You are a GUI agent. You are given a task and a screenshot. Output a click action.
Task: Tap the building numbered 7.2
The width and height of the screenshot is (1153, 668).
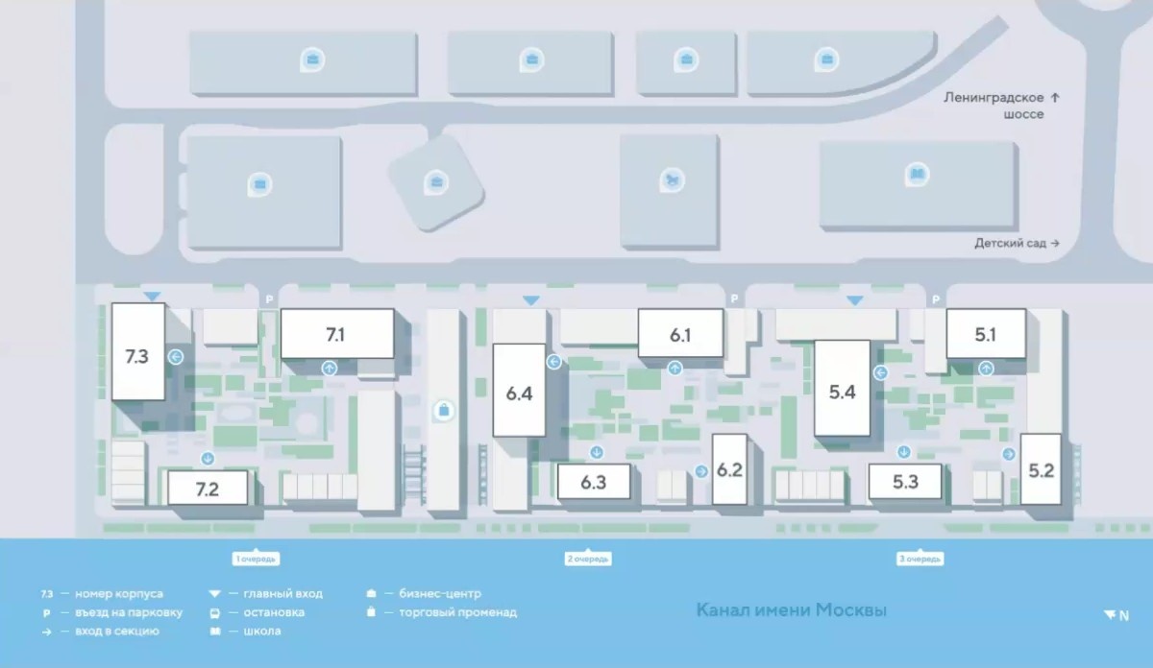click(208, 488)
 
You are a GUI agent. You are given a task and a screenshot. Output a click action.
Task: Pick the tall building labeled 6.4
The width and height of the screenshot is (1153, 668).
click(520, 392)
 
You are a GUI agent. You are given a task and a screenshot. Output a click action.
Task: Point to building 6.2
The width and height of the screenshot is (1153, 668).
click(730, 469)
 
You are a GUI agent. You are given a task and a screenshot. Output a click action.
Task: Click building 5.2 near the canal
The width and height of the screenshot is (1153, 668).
click(1042, 469)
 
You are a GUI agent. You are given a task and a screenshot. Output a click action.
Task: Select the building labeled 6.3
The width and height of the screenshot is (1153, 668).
click(594, 482)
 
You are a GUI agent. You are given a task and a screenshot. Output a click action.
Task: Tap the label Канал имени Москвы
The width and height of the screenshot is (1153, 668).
click(791, 610)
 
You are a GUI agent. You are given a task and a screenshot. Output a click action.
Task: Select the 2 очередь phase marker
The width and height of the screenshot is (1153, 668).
click(589, 559)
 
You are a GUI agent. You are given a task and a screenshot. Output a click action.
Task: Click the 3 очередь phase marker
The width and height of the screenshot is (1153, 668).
click(920, 559)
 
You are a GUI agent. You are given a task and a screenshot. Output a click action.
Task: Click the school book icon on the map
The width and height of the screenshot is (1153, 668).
click(918, 175)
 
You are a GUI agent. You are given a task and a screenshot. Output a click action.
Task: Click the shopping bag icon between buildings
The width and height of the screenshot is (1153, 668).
click(443, 411)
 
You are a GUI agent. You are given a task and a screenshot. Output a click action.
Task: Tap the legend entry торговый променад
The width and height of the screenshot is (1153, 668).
click(457, 612)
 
